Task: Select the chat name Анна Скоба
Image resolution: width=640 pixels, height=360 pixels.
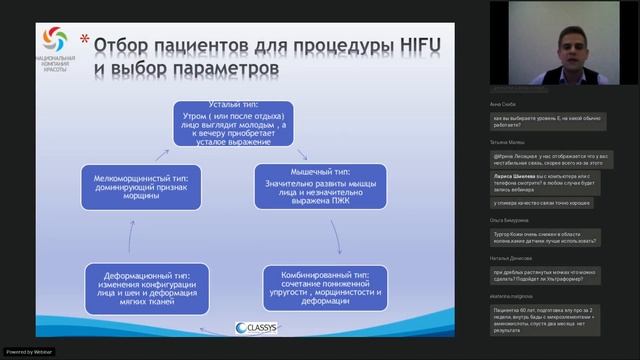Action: pyautogui.click(x=501, y=103)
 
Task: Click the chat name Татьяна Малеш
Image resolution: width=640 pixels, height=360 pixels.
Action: pyautogui.click(x=506, y=142)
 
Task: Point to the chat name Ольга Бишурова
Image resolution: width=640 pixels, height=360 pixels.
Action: pyautogui.click(x=510, y=219)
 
